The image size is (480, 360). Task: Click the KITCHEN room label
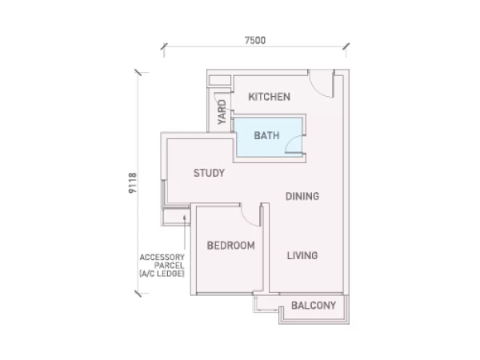(269, 97)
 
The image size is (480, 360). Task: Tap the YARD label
(222, 112)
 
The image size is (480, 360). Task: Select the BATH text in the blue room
(266, 135)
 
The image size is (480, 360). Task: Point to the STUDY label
(209, 173)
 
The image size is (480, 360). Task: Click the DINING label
(302, 196)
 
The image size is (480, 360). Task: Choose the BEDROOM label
(231, 246)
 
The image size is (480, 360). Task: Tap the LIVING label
(302, 255)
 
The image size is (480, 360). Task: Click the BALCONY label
(314, 306)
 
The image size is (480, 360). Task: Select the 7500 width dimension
(255, 40)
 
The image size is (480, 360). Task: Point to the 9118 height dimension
(133, 182)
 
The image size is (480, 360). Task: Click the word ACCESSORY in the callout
(162, 257)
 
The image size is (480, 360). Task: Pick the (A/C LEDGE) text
(162, 274)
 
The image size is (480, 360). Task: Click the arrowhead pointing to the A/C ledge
(185, 218)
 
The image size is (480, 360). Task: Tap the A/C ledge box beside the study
(176, 217)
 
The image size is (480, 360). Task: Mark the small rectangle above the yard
(219, 80)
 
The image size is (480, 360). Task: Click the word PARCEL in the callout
(169, 266)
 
